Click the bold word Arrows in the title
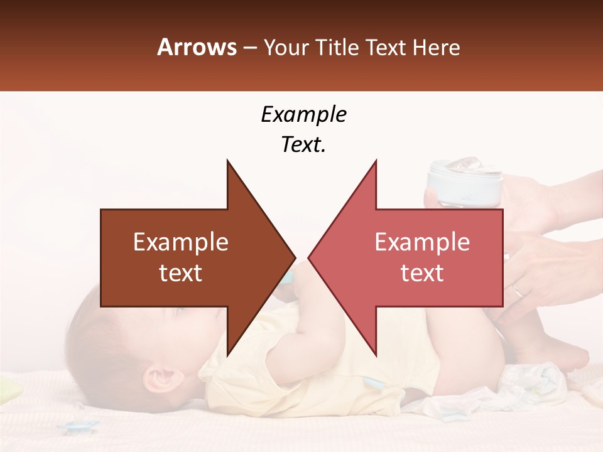click(197, 47)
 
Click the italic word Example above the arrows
click(303, 115)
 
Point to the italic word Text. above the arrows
click(303, 144)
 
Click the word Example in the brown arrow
click(181, 242)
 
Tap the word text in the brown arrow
click(181, 273)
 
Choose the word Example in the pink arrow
click(422, 242)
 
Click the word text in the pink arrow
click(422, 273)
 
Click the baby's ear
click(157, 379)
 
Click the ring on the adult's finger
click(518, 290)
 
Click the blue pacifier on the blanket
click(77, 427)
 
